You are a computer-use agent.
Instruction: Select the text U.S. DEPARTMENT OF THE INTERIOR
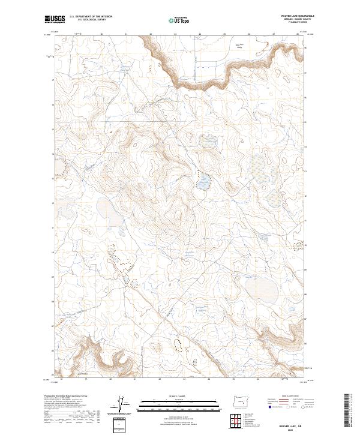click(91, 16)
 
